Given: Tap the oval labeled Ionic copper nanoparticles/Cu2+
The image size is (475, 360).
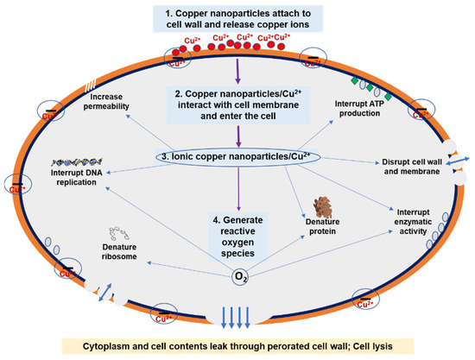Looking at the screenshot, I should click(x=238, y=157).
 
